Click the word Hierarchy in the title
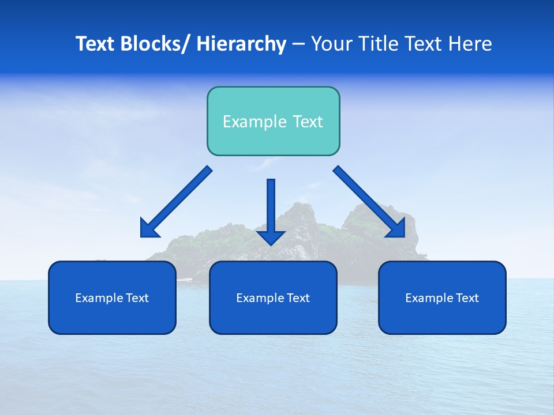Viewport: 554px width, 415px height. point(241,44)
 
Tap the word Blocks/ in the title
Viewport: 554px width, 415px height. point(156,44)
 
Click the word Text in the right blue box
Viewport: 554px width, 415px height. point(466,298)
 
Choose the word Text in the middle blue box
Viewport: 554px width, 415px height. point(297,298)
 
